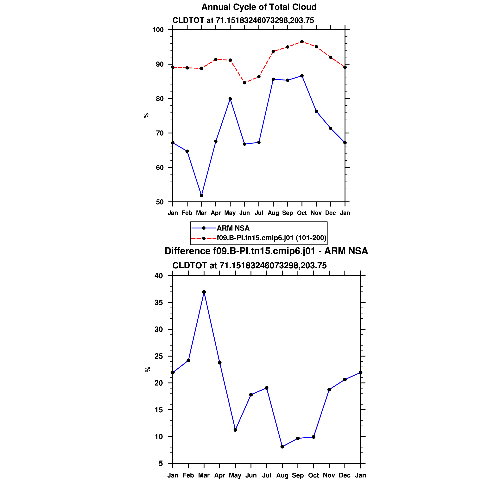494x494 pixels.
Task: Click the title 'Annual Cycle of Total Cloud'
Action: click(x=259, y=7)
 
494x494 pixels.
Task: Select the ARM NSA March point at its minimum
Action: click(x=201, y=196)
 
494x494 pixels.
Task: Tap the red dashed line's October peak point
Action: click(x=302, y=42)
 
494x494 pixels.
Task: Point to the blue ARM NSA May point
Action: click(x=230, y=99)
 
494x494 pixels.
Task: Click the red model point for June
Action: click(x=244, y=83)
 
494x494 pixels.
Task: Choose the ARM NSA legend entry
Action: click(x=233, y=228)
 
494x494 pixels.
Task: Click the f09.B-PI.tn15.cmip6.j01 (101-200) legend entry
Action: click(x=272, y=238)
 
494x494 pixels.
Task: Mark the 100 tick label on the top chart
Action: click(x=158, y=30)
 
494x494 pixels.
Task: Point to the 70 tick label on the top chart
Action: click(x=160, y=133)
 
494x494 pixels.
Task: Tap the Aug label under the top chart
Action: click(x=273, y=213)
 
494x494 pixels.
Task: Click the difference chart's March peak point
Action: click(x=204, y=292)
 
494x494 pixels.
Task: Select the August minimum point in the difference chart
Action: click(x=282, y=447)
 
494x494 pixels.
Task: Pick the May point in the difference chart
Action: click(x=235, y=430)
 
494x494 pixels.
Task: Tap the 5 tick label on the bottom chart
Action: click(x=161, y=464)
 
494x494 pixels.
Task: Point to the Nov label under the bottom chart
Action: click(x=329, y=475)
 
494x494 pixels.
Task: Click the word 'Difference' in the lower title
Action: click(x=187, y=251)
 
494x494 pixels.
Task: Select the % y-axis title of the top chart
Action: click(x=146, y=116)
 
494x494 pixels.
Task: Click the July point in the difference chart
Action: click(x=267, y=388)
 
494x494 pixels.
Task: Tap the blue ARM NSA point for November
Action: click(x=316, y=111)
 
